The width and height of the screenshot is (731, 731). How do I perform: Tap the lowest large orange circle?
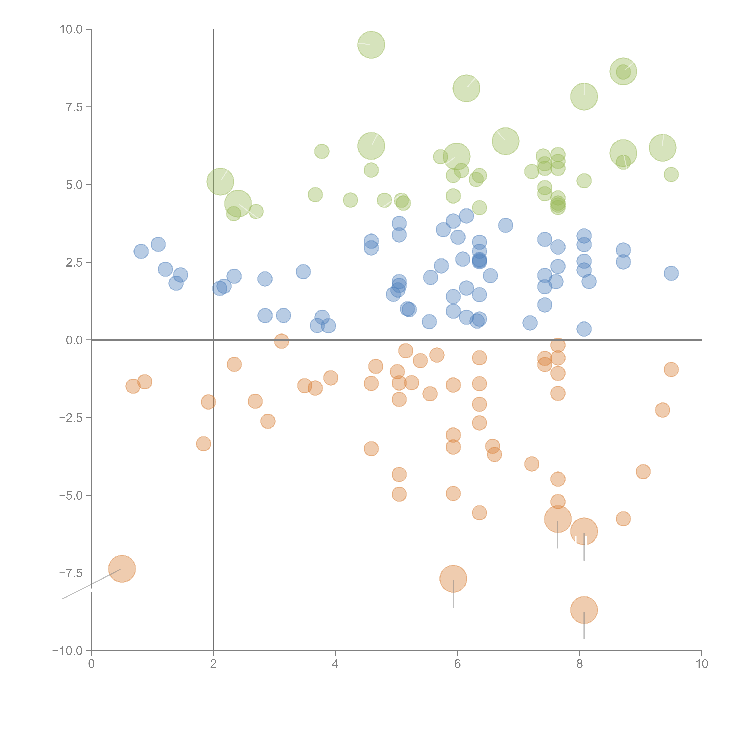click(584, 610)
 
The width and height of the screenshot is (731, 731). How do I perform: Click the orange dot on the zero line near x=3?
click(281, 341)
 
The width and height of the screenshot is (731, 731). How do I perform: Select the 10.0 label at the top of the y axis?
click(71, 30)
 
